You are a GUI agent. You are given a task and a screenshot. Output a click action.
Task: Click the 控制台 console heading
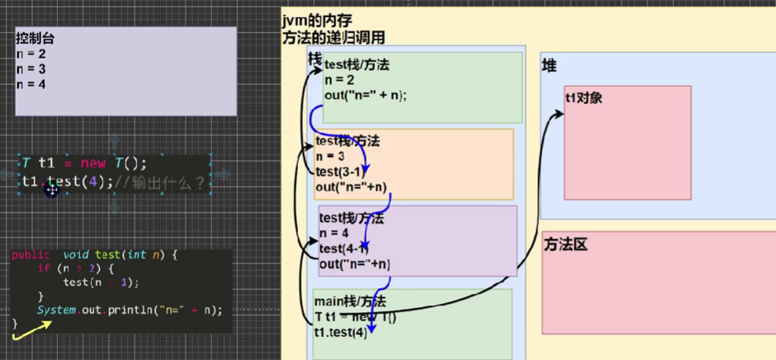(32, 38)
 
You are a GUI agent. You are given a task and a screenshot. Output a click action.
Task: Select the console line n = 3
(31, 69)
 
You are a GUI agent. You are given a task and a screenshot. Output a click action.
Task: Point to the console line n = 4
(31, 84)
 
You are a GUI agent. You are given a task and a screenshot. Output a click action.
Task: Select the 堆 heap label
(549, 65)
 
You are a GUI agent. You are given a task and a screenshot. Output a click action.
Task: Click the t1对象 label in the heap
(584, 97)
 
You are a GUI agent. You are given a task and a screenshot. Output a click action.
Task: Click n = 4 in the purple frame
(334, 234)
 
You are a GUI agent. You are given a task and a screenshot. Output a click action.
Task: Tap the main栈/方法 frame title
(350, 301)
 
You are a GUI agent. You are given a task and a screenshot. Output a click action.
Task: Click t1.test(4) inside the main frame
(339, 332)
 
